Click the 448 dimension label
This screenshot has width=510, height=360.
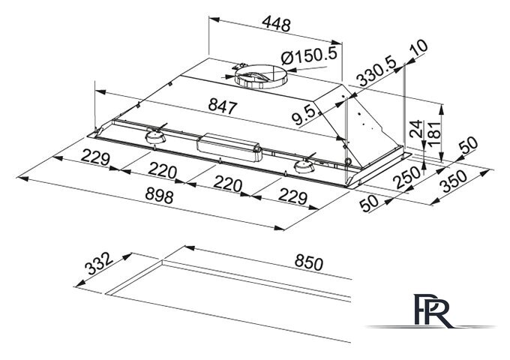276,24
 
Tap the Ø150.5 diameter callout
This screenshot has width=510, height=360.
309,56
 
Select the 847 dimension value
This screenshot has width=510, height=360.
223,106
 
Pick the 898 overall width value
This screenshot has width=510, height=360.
159,196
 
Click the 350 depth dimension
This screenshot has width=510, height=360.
453,181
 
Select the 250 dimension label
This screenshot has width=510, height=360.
406,177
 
